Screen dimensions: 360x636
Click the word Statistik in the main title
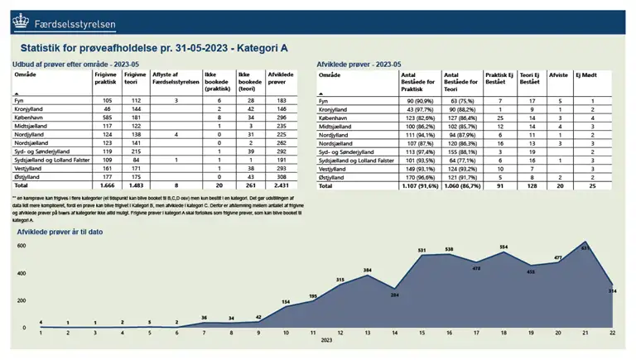[46, 50]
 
